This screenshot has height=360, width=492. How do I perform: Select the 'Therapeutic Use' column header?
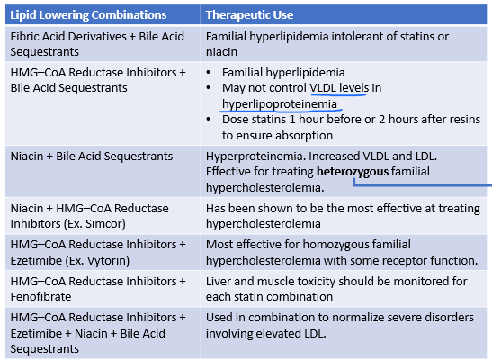(x=249, y=15)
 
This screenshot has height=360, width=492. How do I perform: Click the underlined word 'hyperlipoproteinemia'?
(x=280, y=103)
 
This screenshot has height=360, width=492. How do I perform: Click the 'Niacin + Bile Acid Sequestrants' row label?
(x=92, y=156)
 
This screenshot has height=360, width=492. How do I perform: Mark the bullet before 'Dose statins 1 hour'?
(x=209, y=121)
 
